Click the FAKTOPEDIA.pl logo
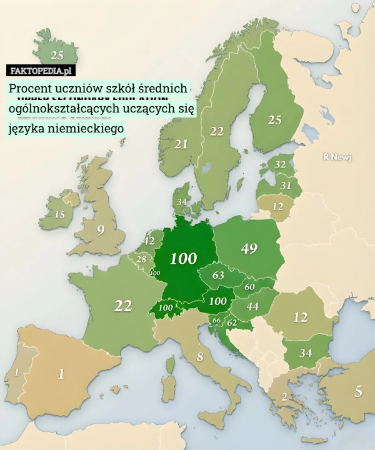(42, 71)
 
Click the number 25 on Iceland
(57, 54)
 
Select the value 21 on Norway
(181, 144)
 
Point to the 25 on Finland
(274, 120)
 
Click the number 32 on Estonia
(280, 164)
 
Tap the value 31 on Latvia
(285, 185)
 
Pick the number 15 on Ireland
(59, 214)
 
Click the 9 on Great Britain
(101, 230)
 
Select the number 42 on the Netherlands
(149, 241)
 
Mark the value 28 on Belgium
(142, 259)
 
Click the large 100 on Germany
(184, 258)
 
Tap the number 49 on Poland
(249, 248)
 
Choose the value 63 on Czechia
(218, 275)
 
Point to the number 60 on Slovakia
(249, 287)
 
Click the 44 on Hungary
(252, 306)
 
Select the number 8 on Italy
(200, 357)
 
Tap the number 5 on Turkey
(357, 392)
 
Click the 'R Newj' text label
(337, 157)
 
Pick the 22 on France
(122, 306)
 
